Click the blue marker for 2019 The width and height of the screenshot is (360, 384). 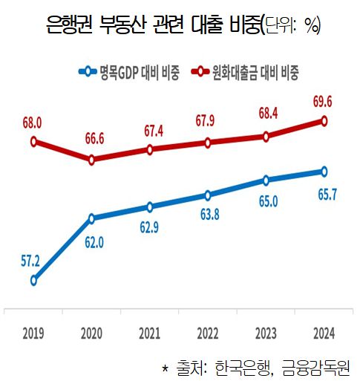33,280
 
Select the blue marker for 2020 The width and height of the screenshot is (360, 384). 91,218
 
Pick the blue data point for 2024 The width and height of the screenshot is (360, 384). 324,172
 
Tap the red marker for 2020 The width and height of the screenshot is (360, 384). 91,159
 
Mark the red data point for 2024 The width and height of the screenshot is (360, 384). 324,121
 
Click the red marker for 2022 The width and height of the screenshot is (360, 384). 208,143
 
